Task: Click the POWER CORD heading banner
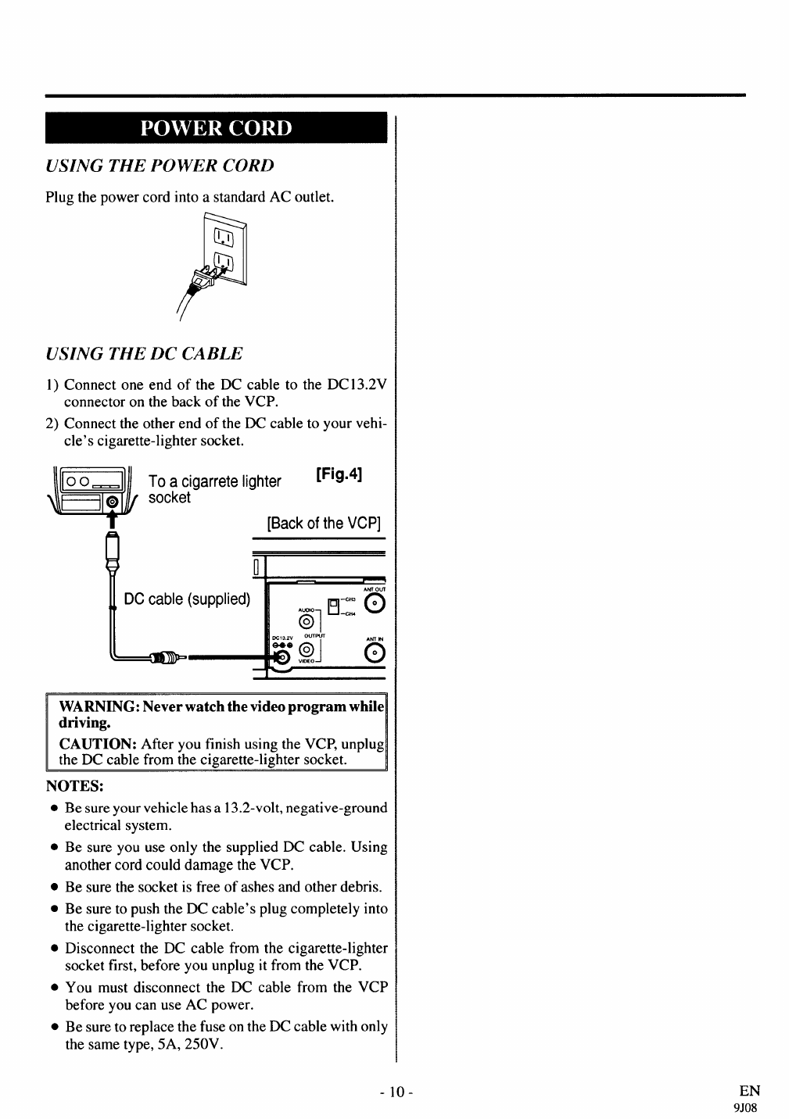point(216,128)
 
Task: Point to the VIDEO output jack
point(309,652)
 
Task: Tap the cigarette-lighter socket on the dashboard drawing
point(112,502)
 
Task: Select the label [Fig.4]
point(339,474)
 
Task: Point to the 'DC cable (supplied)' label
point(188,599)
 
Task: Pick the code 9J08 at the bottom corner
point(748,1107)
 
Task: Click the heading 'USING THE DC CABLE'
point(145,353)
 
